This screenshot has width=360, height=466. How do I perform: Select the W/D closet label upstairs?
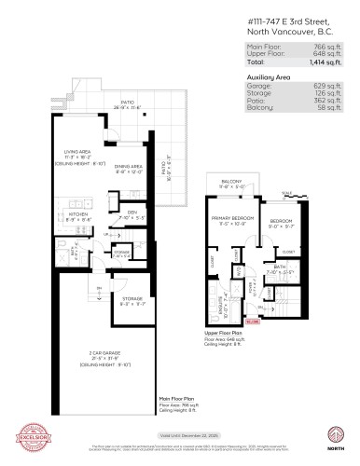(239, 271)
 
